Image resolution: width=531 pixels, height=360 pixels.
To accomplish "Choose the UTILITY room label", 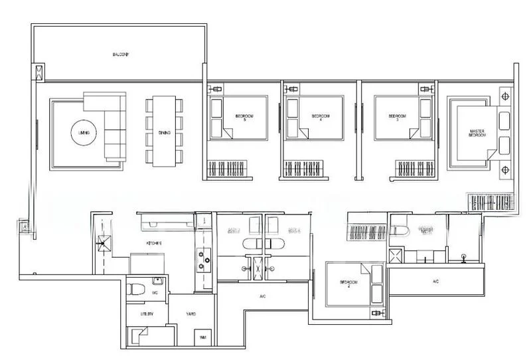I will [x=147, y=314].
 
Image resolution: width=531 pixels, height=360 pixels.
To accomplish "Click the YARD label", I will [x=190, y=314].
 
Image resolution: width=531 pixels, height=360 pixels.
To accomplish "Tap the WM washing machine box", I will [x=202, y=338].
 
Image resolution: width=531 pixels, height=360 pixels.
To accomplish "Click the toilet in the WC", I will [x=135, y=290].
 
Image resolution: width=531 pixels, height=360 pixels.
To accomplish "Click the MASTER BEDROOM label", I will [x=477, y=134].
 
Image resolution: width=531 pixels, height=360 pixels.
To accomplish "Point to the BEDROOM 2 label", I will [x=349, y=284].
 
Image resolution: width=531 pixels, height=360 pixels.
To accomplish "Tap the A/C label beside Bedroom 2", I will [x=435, y=282].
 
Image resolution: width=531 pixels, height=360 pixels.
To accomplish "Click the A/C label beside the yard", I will [x=262, y=296].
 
